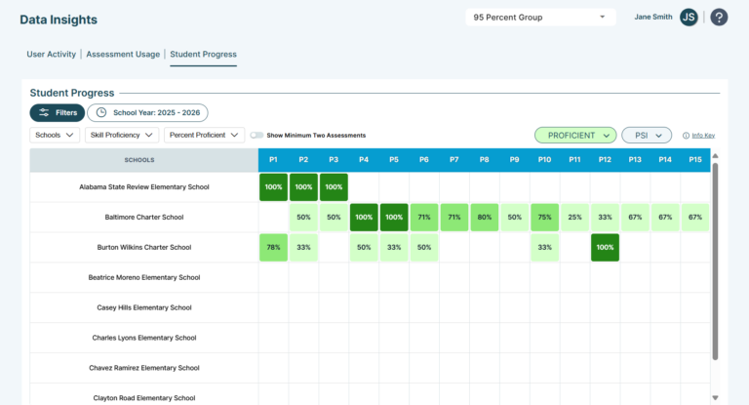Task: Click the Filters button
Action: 58,113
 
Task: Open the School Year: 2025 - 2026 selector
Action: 147,113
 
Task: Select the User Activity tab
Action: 51,54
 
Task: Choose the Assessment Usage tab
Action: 123,54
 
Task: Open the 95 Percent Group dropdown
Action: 540,18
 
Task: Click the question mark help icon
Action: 719,18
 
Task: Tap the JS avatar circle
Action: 689,18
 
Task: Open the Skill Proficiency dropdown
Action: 122,136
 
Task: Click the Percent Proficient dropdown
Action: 204,136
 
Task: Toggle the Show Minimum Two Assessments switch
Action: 257,136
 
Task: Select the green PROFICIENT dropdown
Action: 575,136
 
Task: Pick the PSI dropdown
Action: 647,136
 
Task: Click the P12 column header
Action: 605,160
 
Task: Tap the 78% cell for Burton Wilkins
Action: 273,247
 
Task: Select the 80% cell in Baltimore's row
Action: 485,217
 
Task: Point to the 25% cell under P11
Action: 574,217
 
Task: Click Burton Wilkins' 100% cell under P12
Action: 605,247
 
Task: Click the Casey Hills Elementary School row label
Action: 144,307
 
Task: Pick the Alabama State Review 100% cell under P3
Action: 334,187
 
